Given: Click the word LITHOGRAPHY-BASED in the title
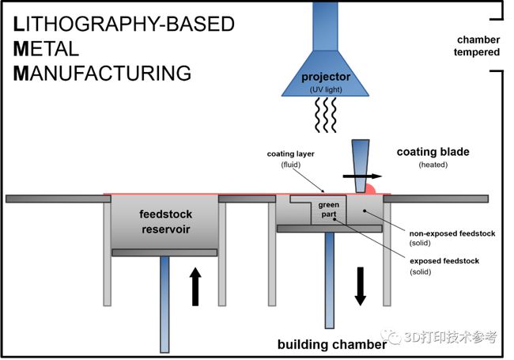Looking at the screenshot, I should click(124, 25).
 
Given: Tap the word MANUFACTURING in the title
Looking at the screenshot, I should click(103, 74).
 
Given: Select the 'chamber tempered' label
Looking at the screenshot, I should click(478, 46).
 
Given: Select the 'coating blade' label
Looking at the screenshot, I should click(433, 152).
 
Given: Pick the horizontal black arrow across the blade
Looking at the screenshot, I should click(361, 176).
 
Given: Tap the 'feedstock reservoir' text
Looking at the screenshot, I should click(164, 222).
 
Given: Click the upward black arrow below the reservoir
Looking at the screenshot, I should click(195, 286).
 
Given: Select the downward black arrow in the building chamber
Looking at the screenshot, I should click(361, 286).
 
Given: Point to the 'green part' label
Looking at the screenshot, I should click(328, 210).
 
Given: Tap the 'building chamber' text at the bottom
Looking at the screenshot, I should click(332, 345).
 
